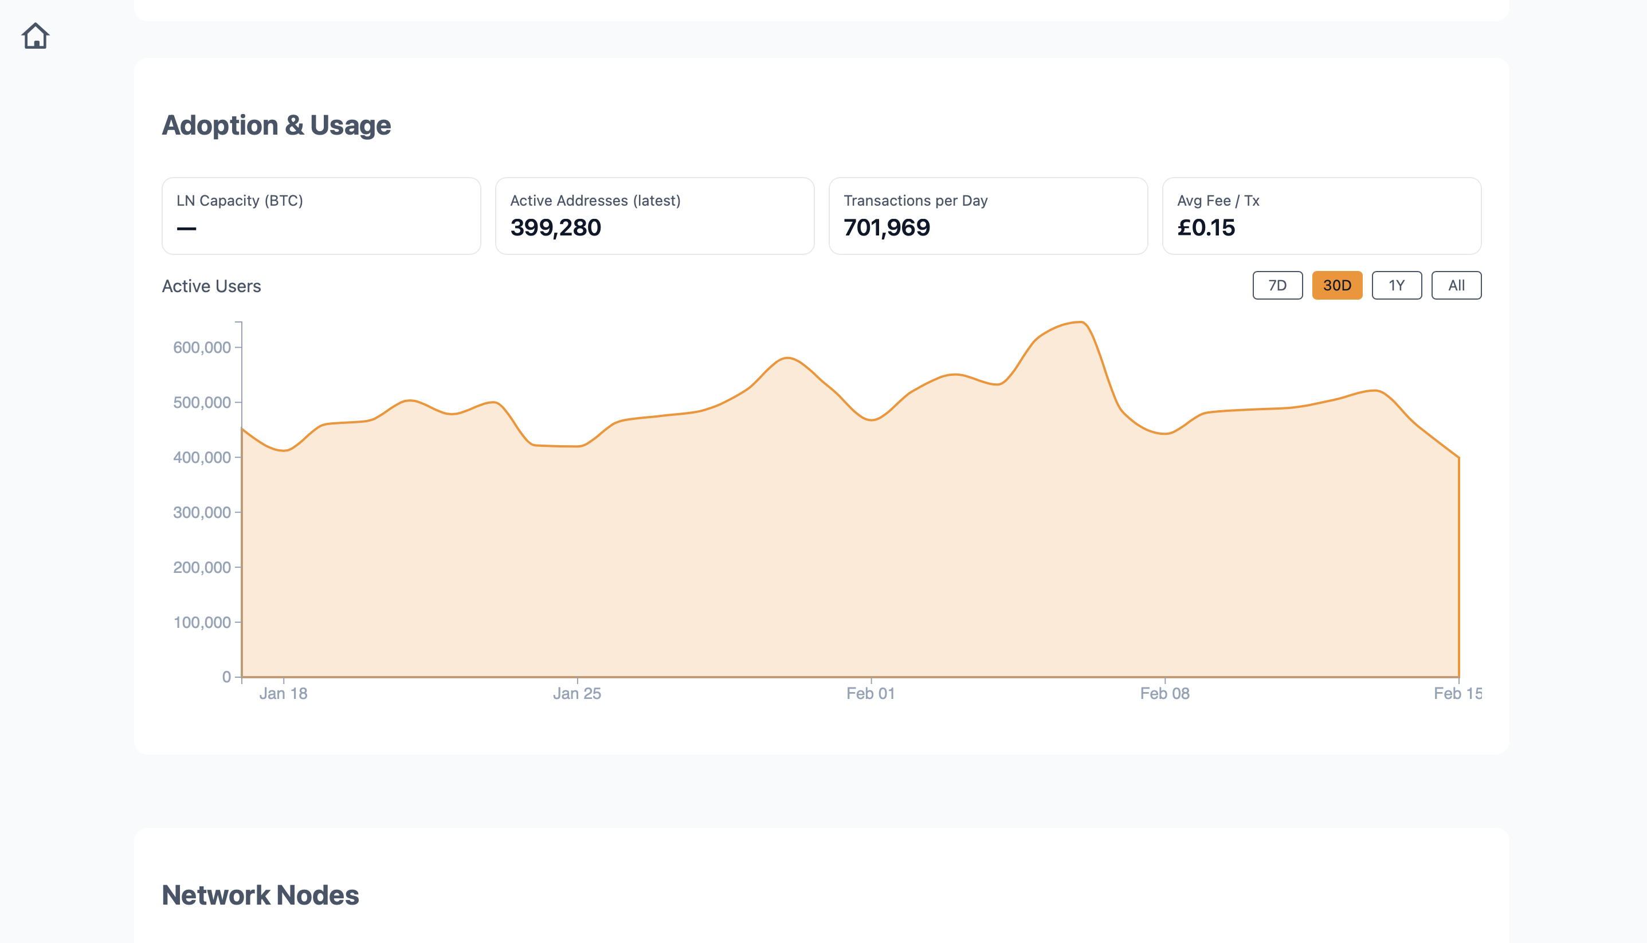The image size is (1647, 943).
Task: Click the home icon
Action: (x=36, y=36)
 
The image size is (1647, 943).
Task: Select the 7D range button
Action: (x=1277, y=286)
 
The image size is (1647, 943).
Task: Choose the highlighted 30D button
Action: (x=1337, y=286)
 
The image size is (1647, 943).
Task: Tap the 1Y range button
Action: (x=1397, y=286)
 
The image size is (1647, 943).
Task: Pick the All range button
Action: (x=1456, y=286)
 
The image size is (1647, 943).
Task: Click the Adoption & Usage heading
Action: (x=276, y=125)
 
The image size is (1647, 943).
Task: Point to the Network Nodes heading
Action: (x=260, y=895)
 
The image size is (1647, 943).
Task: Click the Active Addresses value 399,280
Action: (x=556, y=227)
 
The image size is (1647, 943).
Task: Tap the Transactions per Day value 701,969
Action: (x=887, y=227)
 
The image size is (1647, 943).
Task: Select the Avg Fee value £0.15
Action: (x=1206, y=227)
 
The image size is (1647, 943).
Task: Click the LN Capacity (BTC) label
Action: (x=240, y=201)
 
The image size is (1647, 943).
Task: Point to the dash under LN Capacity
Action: (x=186, y=229)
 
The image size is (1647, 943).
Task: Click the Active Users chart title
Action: (x=211, y=286)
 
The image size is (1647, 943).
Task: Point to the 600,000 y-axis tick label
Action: (x=201, y=348)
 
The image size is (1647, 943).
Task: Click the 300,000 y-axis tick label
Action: (x=201, y=512)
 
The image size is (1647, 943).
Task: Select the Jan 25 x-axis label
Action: (x=577, y=694)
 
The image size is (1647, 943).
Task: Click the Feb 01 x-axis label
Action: (x=870, y=694)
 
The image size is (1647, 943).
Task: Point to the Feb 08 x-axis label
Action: (x=1164, y=694)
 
